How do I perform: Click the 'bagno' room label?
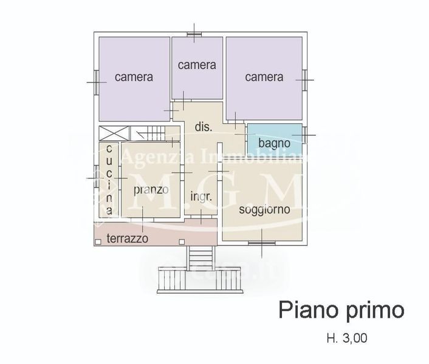[274, 143]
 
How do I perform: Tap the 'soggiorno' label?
[263, 210]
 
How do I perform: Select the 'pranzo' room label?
[151, 190]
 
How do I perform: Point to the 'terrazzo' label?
[128, 238]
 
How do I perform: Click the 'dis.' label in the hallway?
[203, 127]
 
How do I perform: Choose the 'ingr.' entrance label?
[201, 197]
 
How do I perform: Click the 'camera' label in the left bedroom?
[134, 77]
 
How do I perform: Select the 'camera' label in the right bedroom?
[264, 77]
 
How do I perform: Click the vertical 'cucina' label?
[109, 180]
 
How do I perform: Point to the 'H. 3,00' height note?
[346, 338]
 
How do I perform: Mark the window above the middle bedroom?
[194, 34]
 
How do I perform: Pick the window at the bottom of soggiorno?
[261, 243]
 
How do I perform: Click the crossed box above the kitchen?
[113, 133]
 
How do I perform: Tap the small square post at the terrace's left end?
[98, 241]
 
